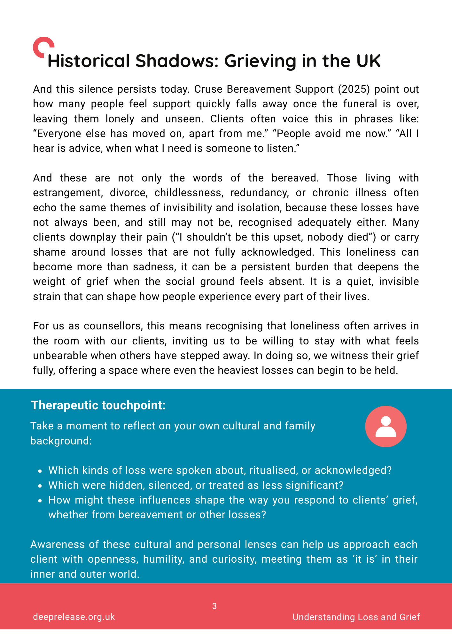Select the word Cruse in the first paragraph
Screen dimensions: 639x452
[208, 89]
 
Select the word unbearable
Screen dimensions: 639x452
[60, 356]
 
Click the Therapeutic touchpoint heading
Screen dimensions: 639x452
[98, 405]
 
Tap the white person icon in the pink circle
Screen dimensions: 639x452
[386, 427]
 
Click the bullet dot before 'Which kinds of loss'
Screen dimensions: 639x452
[40, 471]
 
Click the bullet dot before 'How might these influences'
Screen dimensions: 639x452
[40, 501]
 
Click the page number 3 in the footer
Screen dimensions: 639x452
[214, 606]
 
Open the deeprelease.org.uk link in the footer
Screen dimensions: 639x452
[74, 617]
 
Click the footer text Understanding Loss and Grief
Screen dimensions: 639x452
[356, 617]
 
